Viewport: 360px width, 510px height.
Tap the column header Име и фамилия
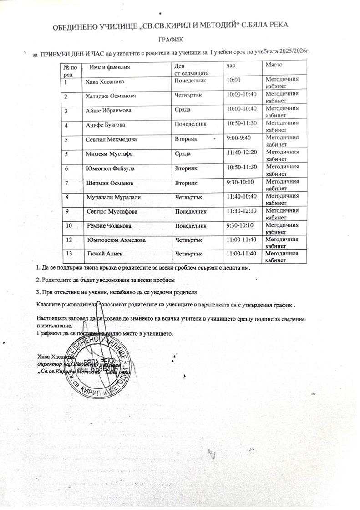pyautogui.click(x=110, y=67)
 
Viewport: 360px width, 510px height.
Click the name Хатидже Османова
pyautogui.click(x=111, y=96)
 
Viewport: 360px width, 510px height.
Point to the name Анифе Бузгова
pyautogui.click(x=106, y=124)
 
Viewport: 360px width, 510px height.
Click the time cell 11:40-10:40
pyautogui.click(x=242, y=197)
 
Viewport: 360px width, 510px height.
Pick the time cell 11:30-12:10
pyautogui.click(x=242, y=211)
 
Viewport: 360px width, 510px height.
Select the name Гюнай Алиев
pyautogui.click(x=105, y=253)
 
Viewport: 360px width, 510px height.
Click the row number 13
pyautogui.click(x=70, y=253)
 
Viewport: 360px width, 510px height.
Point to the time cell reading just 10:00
pyautogui.click(x=233, y=81)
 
